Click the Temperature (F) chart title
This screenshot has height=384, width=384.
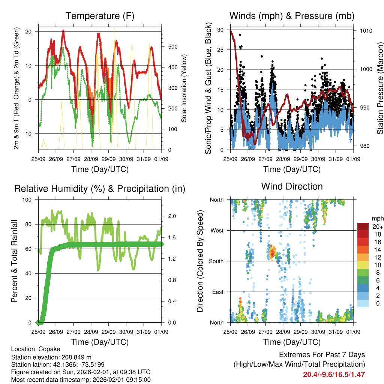(100, 16)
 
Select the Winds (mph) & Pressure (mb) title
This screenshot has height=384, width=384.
(292, 16)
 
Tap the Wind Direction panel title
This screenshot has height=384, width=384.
(292, 186)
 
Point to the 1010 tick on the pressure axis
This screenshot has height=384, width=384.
(365, 31)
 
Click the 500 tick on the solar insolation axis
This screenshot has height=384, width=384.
(172, 47)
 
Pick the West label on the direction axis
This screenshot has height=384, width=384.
(217, 231)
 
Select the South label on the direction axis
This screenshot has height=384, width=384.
(216, 261)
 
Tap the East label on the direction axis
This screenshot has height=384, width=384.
(217, 292)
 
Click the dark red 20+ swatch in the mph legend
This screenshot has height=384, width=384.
(363, 226)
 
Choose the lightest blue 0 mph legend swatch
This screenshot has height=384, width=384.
(363, 303)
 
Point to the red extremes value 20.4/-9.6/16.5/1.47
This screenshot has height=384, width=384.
(334, 374)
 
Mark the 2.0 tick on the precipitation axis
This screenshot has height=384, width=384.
(172, 216)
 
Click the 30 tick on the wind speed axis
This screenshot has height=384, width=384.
(221, 30)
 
